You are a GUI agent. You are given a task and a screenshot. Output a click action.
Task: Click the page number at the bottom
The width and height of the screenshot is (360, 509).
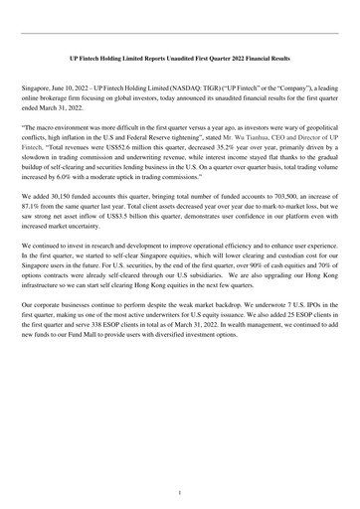pyautogui.click(x=180, y=491)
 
